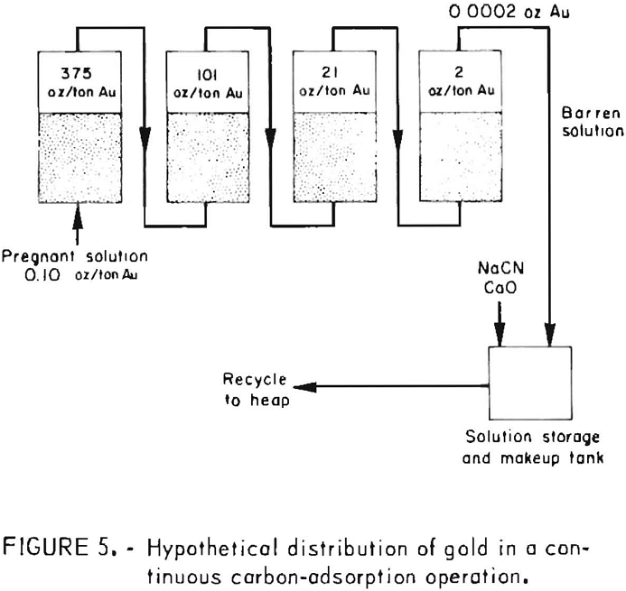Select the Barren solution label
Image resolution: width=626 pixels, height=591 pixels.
[x=592, y=122]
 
